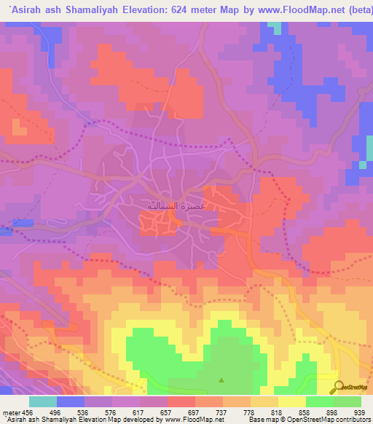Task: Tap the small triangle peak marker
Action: tap(222, 380)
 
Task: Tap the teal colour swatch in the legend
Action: tap(43, 401)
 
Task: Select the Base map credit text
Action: tap(270, 420)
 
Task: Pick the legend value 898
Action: tap(334, 412)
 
